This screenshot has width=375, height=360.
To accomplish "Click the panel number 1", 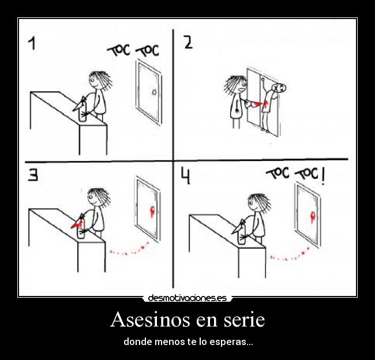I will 33,43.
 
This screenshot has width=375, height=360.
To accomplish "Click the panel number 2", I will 189,43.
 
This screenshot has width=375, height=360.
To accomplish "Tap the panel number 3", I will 34,175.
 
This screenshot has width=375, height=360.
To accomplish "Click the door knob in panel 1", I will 153,92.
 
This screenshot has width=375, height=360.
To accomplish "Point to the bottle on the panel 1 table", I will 82,112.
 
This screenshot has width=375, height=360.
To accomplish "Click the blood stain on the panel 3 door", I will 153,211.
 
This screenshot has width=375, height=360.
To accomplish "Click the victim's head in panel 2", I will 279,89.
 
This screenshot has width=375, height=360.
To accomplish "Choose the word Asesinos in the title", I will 151,319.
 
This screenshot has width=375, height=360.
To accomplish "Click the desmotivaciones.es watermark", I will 187,298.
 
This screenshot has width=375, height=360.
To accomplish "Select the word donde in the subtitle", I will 136,342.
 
